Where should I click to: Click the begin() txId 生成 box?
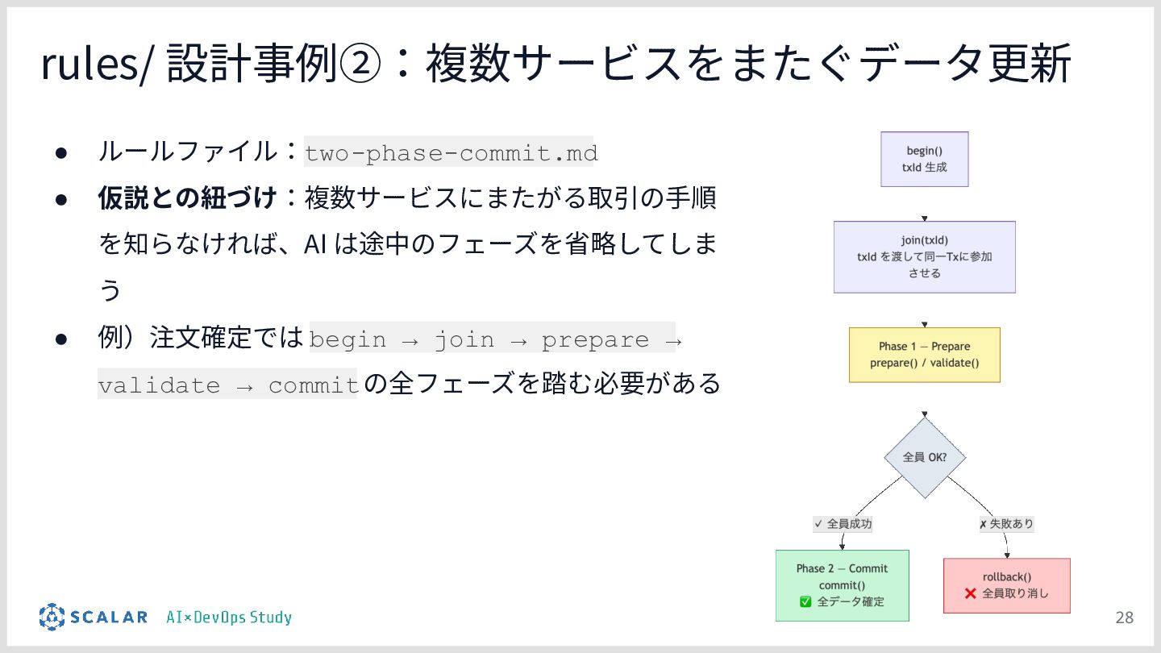coord(924,160)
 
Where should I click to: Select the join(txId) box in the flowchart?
coord(924,256)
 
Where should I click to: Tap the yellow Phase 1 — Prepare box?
coord(924,355)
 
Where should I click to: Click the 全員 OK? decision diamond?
coord(924,457)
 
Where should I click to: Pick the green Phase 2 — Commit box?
coord(842,585)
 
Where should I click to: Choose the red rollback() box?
coord(1006,585)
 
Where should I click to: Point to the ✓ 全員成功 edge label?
coord(843,524)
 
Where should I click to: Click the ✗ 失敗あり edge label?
coord(1006,524)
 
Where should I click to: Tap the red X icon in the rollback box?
coord(971,594)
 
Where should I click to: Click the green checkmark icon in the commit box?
coord(805,601)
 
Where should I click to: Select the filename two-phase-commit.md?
coord(451,153)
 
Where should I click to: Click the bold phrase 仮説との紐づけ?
coord(187,198)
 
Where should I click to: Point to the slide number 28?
coord(1124,618)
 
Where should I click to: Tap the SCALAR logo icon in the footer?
coord(52,618)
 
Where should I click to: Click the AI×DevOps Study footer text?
coord(229,618)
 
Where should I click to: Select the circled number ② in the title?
coord(358,64)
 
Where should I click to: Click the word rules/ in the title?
coord(95,64)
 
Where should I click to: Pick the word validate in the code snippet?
coord(159,385)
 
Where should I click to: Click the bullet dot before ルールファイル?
coord(60,152)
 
